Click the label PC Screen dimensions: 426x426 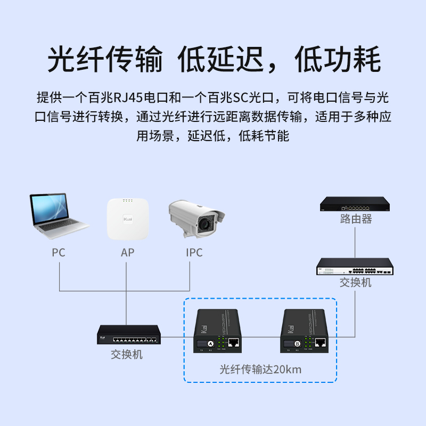tap(59, 252)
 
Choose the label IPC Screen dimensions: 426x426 tap(194, 252)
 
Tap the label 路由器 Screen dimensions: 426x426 tap(356, 219)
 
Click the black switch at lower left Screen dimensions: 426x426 tap(128, 335)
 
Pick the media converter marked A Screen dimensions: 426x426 tap(218, 331)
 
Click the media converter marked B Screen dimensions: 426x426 tap(305, 331)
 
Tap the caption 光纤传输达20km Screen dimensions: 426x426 tap(261, 369)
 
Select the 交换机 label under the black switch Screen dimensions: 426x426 tap(127, 354)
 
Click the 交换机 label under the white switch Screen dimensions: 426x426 tap(356, 282)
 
